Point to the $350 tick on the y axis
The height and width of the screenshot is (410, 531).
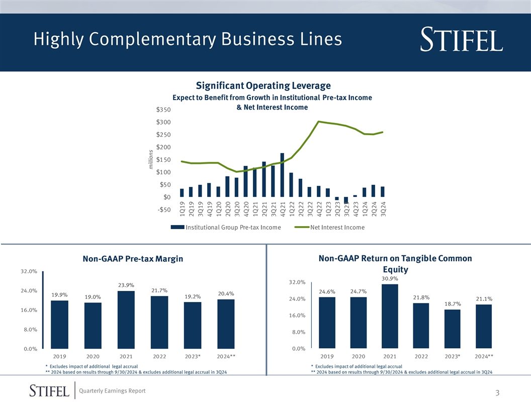click(x=163, y=110)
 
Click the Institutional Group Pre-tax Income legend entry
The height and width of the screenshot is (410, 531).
click(x=225, y=228)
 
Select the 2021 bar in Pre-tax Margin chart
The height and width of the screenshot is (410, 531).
click(x=126, y=320)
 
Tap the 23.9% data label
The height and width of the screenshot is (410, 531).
click(x=126, y=285)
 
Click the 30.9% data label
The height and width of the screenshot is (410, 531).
click(x=390, y=278)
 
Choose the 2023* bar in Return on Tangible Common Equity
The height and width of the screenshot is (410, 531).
click(x=452, y=329)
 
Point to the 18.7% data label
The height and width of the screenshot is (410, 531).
click(x=453, y=303)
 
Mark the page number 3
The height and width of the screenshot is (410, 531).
click(x=497, y=393)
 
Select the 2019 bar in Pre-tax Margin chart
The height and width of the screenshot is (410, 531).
click(x=59, y=324)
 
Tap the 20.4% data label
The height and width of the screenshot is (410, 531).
click(x=226, y=293)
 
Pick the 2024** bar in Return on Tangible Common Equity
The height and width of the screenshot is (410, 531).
click(x=483, y=326)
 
